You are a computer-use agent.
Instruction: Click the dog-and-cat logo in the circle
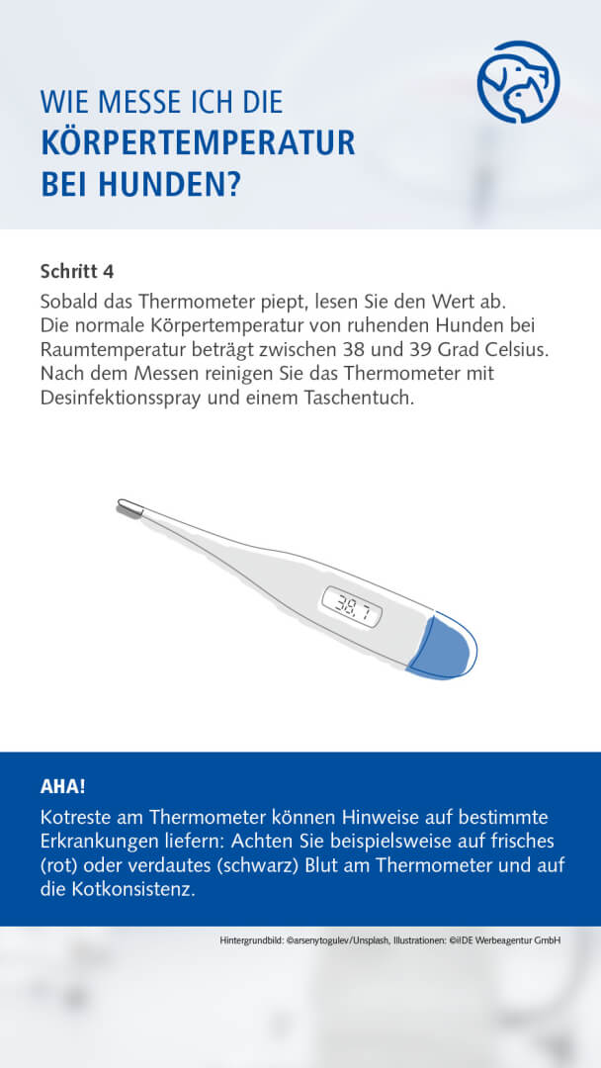pos(518,81)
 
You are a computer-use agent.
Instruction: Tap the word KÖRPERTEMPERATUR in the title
pos(198,143)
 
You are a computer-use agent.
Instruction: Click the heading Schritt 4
pos(83,270)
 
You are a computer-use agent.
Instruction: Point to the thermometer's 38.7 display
pos(352,605)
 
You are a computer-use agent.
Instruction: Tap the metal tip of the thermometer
pos(129,508)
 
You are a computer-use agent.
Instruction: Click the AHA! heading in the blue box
pos(62,787)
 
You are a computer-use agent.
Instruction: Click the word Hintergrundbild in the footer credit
pos(251,940)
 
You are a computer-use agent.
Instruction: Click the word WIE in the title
pos(61,103)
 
